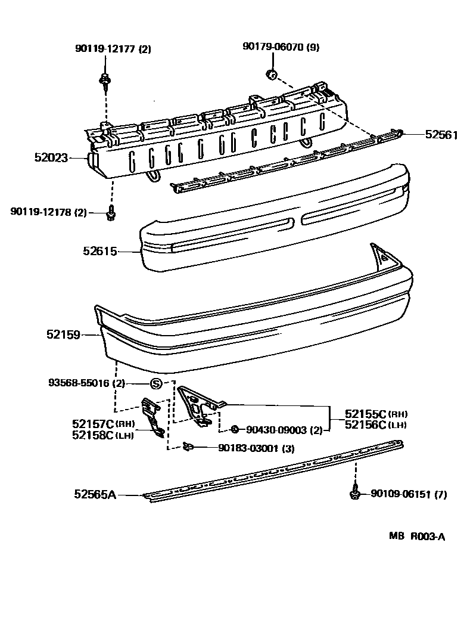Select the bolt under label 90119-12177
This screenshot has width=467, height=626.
click(x=105, y=80)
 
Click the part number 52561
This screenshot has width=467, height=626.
click(x=440, y=135)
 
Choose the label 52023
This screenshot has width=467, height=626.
click(x=51, y=158)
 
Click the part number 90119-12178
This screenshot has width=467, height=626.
click(x=41, y=212)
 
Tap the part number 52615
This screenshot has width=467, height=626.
click(x=99, y=252)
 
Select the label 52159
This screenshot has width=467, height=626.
click(x=63, y=335)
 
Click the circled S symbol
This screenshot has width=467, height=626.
click(x=155, y=384)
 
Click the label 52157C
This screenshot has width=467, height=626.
click(x=93, y=424)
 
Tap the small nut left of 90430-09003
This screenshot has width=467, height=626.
click(x=235, y=429)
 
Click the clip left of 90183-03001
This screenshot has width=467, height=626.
click(x=189, y=447)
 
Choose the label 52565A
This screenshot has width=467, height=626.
click(x=95, y=494)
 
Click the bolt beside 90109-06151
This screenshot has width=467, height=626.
click(x=354, y=494)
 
